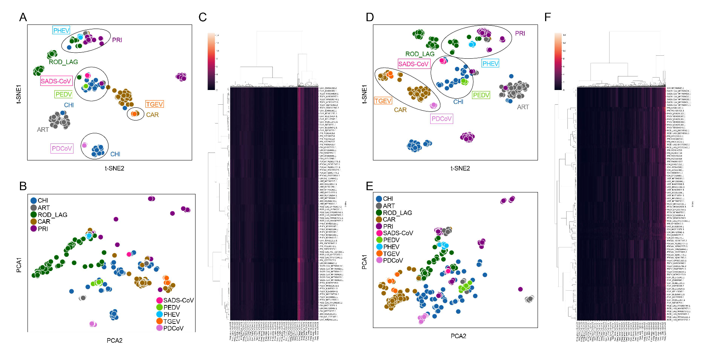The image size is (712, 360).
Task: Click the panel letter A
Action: pyautogui.click(x=23, y=17)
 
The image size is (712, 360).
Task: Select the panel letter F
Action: pyautogui.click(x=548, y=17)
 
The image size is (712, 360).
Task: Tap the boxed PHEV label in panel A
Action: pyautogui.click(x=61, y=31)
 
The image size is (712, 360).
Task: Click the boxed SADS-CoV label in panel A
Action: pyautogui.click(x=56, y=81)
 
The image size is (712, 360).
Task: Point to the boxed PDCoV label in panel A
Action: pyautogui.click(x=62, y=148)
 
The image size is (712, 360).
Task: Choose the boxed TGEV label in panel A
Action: pyautogui.click(x=154, y=104)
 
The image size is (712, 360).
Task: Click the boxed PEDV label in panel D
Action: pyautogui.click(x=481, y=95)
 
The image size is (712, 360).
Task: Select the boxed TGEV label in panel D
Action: pyautogui.click(x=383, y=101)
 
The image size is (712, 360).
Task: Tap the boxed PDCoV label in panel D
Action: pyautogui.click(x=442, y=119)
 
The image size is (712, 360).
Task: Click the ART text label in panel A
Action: pyautogui.click(x=43, y=130)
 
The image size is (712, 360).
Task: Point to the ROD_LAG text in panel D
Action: pyautogui.click(x=420, y=54)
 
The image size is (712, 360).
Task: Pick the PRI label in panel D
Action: pyautogui.click(x=520, y=33)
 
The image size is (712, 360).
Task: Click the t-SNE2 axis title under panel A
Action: pyautogui.click(x=114, y=168)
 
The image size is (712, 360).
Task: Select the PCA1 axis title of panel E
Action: pyautogui.click(x=364, y=262)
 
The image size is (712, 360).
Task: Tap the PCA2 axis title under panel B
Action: pyautogui.click(x=114, y=340)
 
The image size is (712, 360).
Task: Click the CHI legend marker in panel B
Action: pyautogui.click(x=34, y=201)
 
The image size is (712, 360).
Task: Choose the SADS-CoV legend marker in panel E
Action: pyautogui.click(x=379, y=233)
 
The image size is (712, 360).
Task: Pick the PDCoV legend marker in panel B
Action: pyautogui.click(x=159, y=328)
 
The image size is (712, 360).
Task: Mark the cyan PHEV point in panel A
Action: pyautogui.click(x=80, y=37)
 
